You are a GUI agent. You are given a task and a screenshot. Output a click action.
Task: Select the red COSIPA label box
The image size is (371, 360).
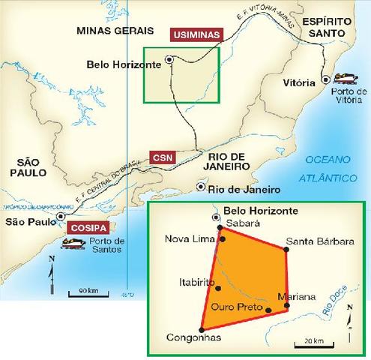88,227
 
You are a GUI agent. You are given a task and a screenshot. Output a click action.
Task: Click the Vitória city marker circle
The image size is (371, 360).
325,79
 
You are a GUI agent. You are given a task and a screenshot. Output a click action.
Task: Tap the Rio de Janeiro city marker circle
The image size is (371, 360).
200,187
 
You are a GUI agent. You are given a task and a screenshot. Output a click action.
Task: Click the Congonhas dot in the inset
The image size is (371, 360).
201,328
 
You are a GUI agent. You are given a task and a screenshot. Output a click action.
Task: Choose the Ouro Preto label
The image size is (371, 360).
235,307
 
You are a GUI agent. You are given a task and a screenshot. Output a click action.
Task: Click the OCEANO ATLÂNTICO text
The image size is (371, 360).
330,169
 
